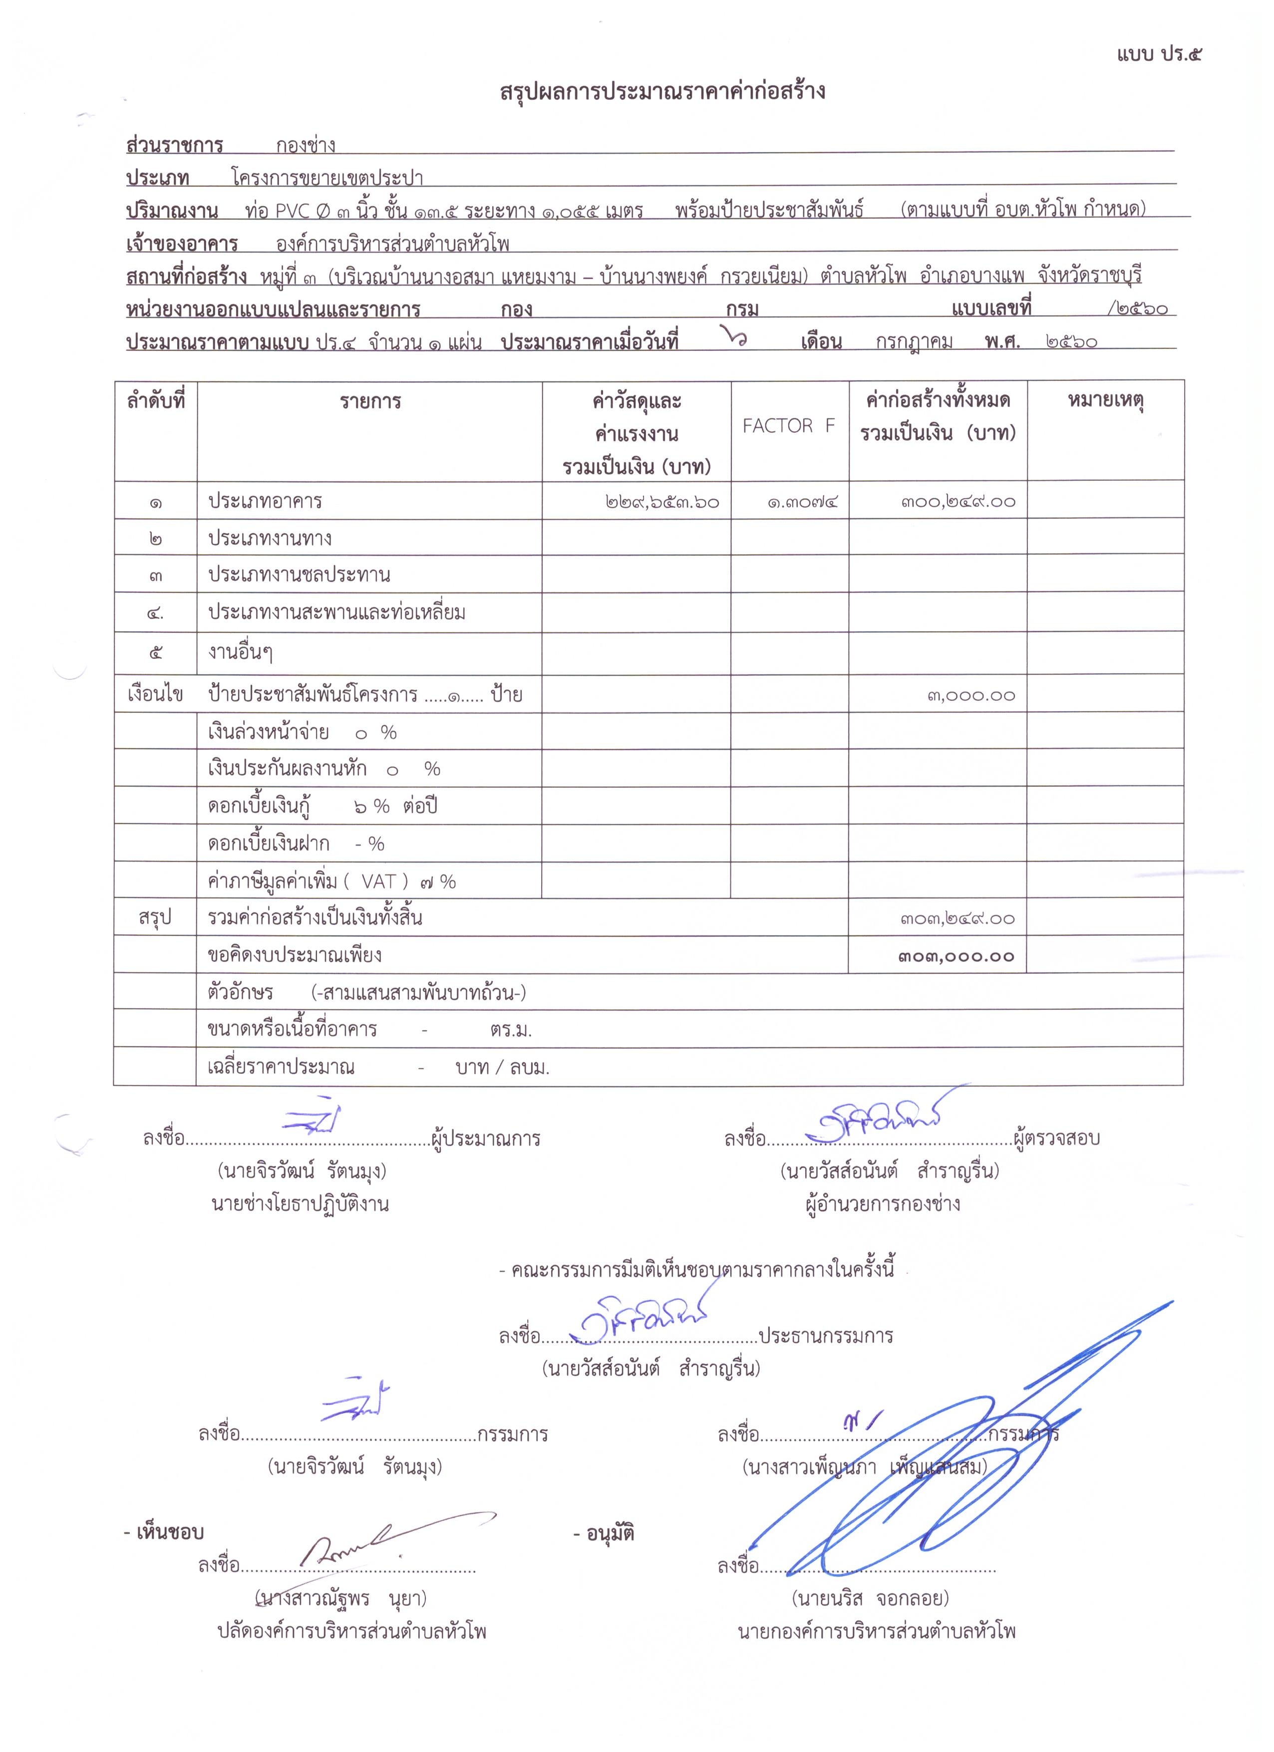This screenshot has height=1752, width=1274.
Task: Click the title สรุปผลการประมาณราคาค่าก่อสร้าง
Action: click(x=663, y=92)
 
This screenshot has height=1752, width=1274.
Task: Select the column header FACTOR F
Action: click(x=788, y=426)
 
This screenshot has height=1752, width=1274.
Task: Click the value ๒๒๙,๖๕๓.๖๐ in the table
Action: click(x=662, y=502)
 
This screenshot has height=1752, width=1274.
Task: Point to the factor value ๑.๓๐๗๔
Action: click(x=802, y=502)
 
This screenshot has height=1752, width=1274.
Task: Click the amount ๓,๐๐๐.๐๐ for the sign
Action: click(x=971, y=695)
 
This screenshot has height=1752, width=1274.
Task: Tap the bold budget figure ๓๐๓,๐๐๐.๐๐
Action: click(x=956, y=956)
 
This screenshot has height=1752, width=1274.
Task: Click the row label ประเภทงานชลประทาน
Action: click(x=299, y=576)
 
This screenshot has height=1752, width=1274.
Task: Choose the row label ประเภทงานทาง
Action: click(x=270, y=539)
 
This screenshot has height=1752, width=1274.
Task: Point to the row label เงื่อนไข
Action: click(x=155, y=694)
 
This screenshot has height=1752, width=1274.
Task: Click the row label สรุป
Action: click(x=155, y=918)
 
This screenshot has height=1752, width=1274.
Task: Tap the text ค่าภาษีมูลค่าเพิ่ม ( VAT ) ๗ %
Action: click(x=332, y=881)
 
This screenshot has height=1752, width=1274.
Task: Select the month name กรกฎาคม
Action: click(x=914, y=341)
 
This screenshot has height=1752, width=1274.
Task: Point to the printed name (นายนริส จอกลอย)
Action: click(x=871, y=1597)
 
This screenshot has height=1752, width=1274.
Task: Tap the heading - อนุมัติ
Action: click(x=604, y=1532)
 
